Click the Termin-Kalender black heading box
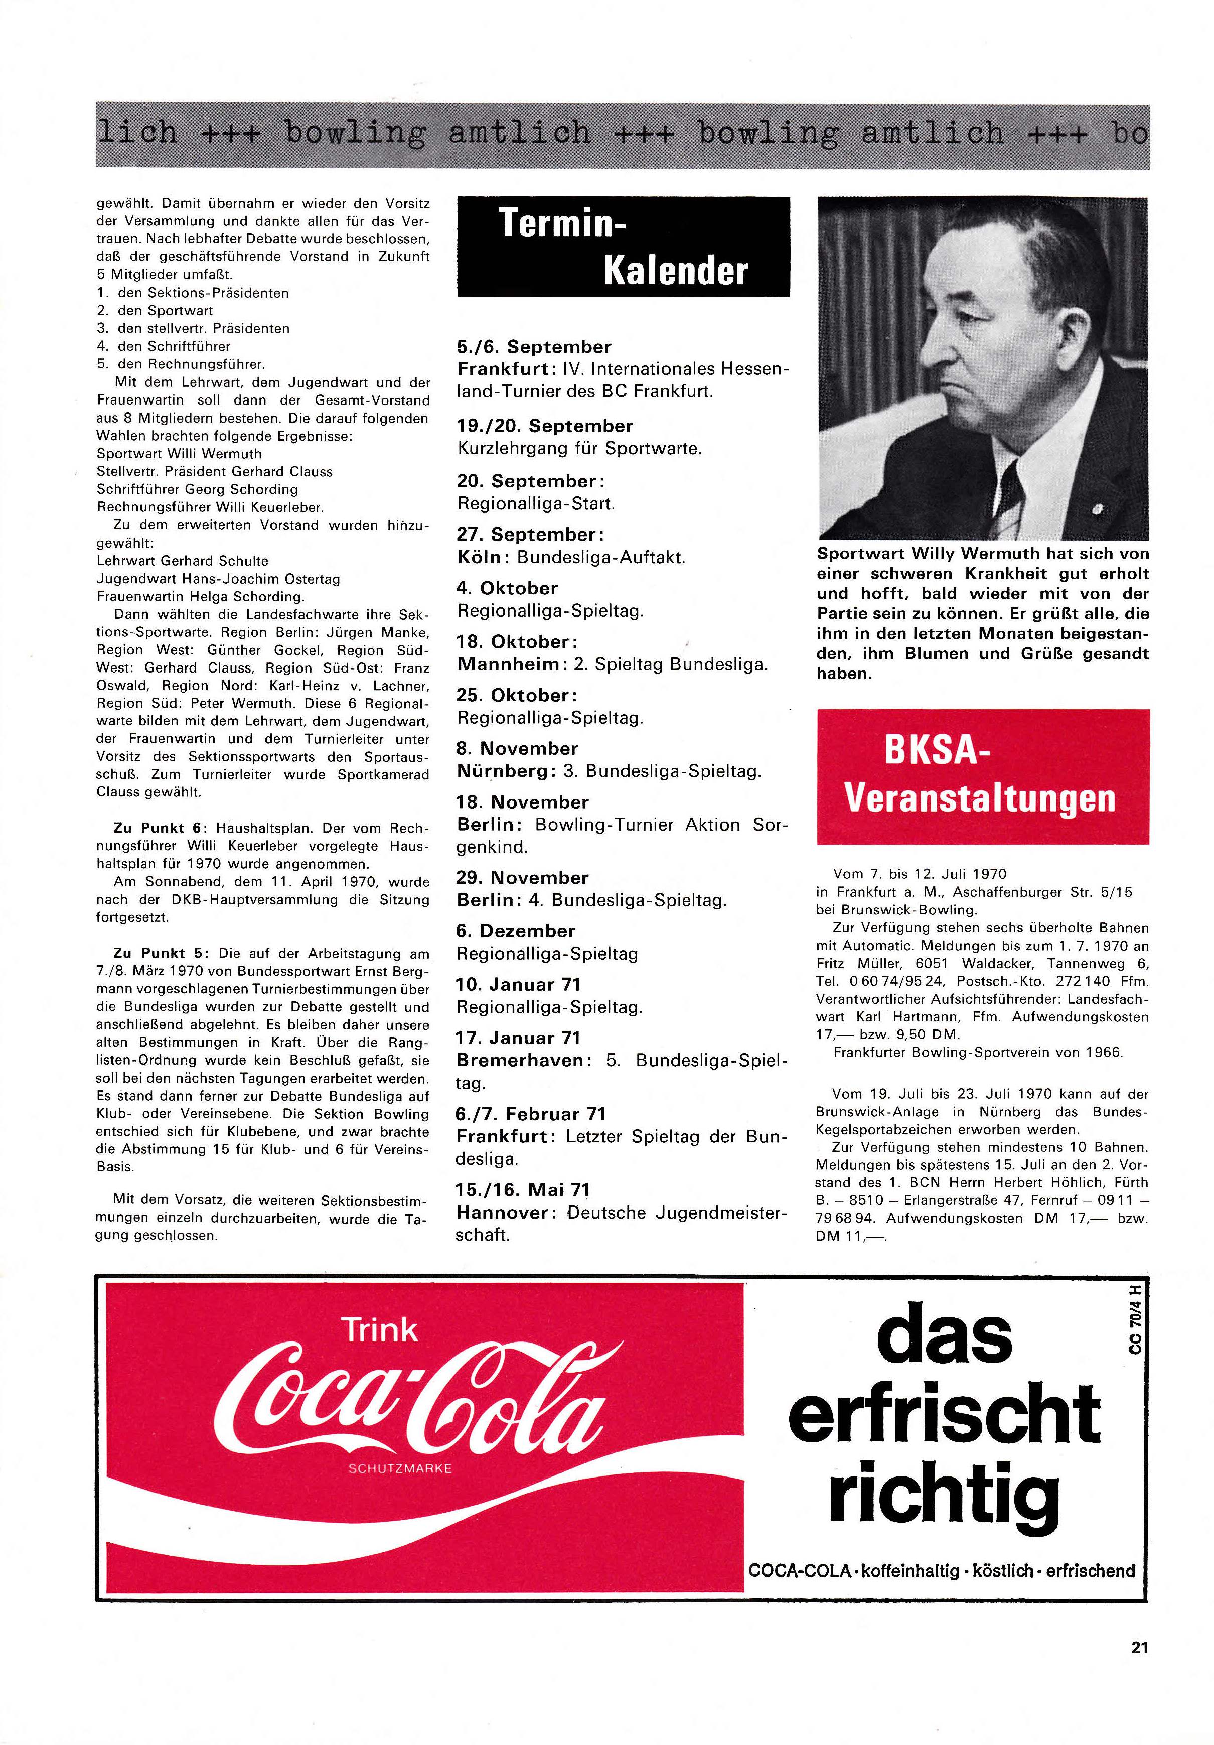[623, 246]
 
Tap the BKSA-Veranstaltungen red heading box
[982, 775]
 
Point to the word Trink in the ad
[380, 1330]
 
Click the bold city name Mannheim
[508, 664]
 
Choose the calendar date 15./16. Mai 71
[523, 1189]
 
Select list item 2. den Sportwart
[155, 311]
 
